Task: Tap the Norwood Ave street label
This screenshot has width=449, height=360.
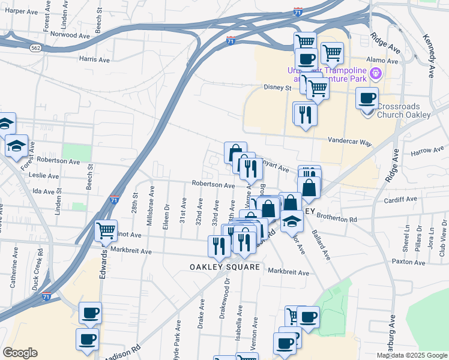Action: [70, 35]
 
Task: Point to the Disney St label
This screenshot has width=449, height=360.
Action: [278, 88]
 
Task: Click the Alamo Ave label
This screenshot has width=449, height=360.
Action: [384, 61]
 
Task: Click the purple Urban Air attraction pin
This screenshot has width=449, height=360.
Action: [376, 74]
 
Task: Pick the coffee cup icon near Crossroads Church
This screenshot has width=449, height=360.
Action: [367, 98]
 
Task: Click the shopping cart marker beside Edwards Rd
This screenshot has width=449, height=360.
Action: [106, 230]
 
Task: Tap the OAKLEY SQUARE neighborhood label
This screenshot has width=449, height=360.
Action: [225, 267]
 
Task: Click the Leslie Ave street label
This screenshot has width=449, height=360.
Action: [45, 176]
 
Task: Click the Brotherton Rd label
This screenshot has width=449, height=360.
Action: [336, 220]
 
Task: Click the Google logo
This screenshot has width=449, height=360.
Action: [20, 353]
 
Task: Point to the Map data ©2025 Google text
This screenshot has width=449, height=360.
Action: [411, 355]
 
